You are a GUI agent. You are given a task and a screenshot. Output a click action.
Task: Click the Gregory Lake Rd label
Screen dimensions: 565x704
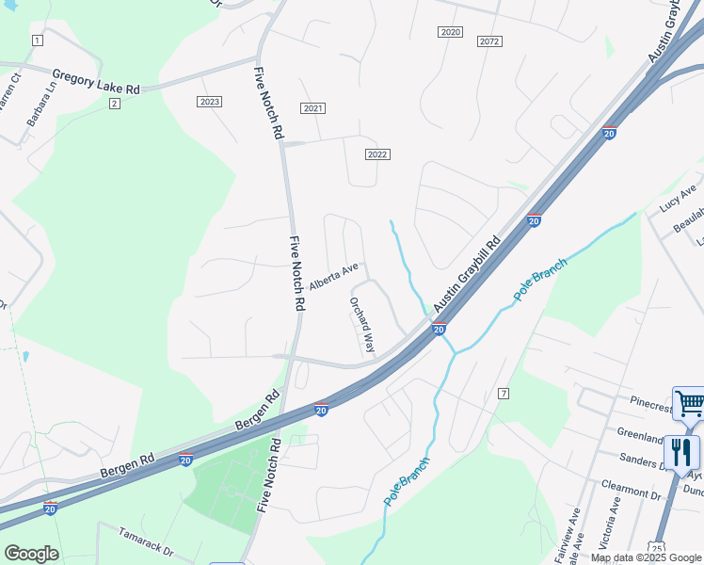point(96,81)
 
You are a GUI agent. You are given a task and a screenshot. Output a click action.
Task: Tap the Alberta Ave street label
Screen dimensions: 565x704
point(334,275)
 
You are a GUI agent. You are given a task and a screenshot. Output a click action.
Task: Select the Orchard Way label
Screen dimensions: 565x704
point(362,325)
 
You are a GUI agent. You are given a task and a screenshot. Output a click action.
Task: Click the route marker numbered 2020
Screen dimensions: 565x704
point(450,32)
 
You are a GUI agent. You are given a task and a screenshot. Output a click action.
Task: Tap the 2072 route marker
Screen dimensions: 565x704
point(488,41)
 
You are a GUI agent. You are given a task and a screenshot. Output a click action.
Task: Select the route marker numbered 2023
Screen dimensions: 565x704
point(209,102)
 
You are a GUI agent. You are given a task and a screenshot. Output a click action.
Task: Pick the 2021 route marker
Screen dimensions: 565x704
point(313,109)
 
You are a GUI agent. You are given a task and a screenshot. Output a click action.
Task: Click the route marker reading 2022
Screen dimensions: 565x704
point(377,154)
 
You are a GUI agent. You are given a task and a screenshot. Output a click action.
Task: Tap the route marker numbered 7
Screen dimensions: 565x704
point(504,393)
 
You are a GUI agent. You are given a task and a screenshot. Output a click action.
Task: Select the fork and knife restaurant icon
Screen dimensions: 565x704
point(680,453)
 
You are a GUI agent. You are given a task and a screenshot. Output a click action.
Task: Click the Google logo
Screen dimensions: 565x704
point(31,554)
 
